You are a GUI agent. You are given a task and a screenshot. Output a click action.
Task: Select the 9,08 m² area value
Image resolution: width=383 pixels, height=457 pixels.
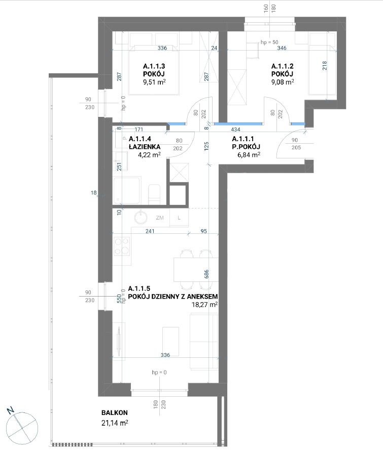(x=283, y=82)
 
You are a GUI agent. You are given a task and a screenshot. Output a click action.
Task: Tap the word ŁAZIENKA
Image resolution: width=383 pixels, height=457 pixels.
(x=144, y=147)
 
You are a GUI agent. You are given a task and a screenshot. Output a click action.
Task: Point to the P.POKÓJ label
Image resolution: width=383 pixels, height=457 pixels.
(x=246, y=147)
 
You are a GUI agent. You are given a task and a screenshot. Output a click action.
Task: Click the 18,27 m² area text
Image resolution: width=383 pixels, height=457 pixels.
(x=204, y=305)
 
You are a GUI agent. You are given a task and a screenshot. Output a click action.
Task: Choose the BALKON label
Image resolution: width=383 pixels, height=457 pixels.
(x=115, y=412)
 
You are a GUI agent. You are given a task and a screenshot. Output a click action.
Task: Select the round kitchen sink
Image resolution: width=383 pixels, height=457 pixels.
(x=142, y=217)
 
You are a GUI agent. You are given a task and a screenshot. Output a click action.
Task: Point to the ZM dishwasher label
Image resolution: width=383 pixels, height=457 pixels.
(x=159, y=218)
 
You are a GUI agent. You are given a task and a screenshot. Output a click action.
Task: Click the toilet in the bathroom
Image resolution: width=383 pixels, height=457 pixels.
(x=154, y=194)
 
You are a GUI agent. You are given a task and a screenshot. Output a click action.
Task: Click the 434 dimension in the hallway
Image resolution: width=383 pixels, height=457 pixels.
(x=235, y=129)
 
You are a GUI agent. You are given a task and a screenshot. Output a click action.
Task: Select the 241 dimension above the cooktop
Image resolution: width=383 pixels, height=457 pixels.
(x=150, y=231)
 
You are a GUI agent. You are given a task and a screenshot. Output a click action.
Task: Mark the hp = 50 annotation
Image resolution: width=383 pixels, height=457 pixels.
(x=269, y=43)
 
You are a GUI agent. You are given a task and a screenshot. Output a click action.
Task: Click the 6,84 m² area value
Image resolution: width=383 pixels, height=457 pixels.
(x=249, y=155)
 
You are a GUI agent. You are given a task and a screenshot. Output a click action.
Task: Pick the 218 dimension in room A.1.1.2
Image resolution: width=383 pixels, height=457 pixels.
(x=325, y=66)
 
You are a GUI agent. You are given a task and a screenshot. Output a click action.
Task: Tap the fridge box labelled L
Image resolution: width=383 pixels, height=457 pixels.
(x=179, y=218)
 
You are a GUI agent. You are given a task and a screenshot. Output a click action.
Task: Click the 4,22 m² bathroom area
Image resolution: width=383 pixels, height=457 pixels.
(x=149, y=155)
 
